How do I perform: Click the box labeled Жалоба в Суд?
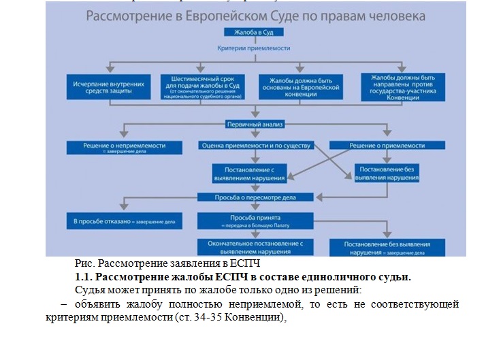(255, 33)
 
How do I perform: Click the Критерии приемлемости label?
(254, 48)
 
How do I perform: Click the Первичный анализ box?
(255, 125)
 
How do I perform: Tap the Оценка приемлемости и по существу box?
(256, 146)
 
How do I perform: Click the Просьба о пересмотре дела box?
(255, 197)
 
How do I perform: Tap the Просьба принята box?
(255, 220)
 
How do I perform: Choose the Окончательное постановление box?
(255, 246)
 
